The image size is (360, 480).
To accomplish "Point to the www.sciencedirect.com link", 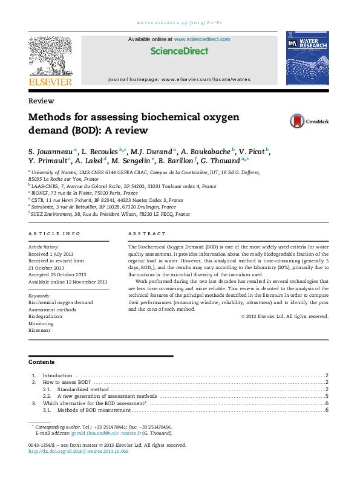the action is tap(202, 39).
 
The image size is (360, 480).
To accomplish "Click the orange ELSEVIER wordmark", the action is tap(50, 82).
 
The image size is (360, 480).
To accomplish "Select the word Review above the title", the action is tap(41, 101).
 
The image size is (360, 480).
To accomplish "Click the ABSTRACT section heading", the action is tap(146, 233).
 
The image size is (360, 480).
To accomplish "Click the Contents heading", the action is tap(41, 362).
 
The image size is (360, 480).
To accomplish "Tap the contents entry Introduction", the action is tap(57, 376).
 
